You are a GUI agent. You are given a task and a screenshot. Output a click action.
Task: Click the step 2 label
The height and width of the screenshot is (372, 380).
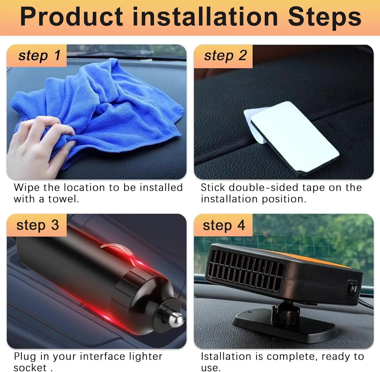225,56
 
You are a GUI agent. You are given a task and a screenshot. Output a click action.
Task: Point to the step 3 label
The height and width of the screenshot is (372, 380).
37,225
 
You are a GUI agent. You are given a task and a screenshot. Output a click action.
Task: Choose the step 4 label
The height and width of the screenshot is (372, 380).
224,225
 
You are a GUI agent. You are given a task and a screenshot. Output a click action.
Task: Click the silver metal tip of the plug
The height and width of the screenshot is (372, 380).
176,319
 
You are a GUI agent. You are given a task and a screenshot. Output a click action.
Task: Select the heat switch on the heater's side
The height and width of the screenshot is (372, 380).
353,289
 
